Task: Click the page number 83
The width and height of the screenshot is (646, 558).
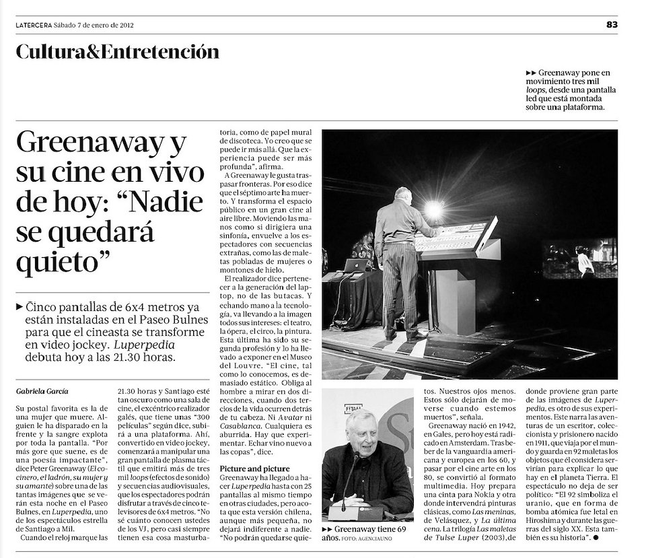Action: coord(611,25)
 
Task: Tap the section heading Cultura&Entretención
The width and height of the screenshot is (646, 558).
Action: coord(118,52)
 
